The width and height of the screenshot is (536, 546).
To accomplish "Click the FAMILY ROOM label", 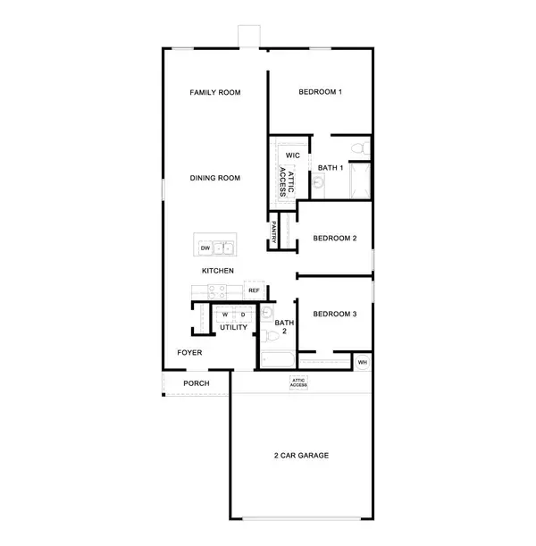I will point(215,92).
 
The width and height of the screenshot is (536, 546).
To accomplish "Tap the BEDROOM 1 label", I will point(321,92).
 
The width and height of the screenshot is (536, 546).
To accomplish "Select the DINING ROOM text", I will point(215,178).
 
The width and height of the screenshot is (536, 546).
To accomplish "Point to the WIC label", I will point(292,155).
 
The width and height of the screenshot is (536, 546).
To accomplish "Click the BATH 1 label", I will point(331,167).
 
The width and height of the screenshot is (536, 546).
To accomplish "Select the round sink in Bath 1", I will point(318,184).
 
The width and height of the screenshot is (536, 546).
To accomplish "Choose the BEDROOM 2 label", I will point(335,239).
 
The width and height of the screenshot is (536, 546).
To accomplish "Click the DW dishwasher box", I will point(205,248).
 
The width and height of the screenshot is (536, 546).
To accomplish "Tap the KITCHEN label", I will point(217,270).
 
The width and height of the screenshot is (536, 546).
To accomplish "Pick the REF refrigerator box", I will point(254,290).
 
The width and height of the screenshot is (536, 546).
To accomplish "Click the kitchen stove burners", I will point(216,290).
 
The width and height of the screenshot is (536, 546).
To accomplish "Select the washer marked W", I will point(225,315).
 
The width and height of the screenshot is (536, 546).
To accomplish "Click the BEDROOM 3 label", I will point(335,314).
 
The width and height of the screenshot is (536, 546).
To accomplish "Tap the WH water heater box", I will point(362,362).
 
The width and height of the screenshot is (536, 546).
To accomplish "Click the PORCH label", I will point(197,383).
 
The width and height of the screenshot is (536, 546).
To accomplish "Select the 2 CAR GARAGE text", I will point(301,455).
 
